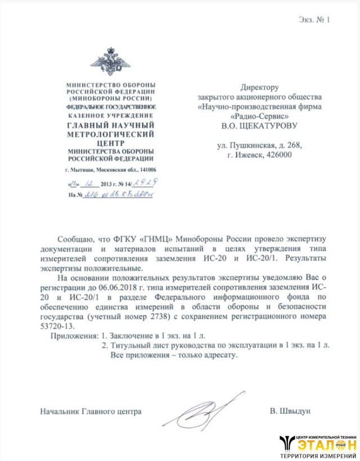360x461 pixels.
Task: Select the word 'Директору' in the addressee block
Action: click(x=259, y=87)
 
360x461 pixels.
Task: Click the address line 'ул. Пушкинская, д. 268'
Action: click(x=259, y=145)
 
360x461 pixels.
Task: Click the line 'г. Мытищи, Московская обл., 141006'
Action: click(x=110, y=170)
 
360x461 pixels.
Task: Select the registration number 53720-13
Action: click(x=57, y=325)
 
